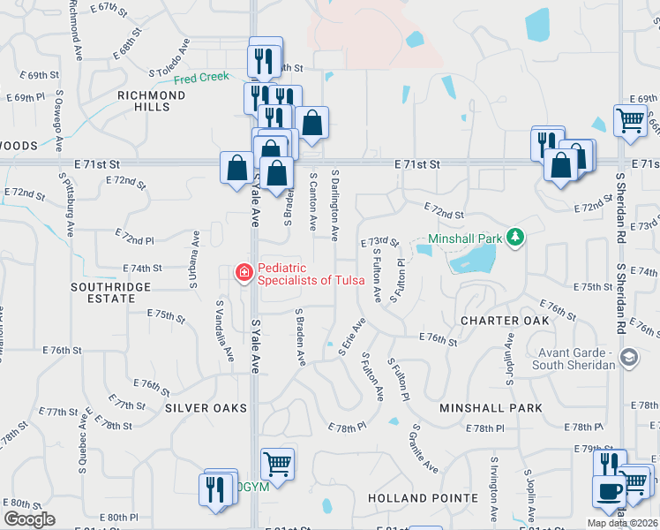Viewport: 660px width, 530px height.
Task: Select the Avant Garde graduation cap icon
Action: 628,358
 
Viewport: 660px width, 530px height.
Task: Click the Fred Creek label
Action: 201,79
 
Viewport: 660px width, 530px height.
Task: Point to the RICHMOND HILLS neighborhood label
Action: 146,100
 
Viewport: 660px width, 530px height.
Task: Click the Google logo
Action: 29,519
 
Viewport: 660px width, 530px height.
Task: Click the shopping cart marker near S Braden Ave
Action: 277,462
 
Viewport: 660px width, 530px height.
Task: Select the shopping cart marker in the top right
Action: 630,119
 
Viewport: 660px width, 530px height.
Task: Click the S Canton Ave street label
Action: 313,201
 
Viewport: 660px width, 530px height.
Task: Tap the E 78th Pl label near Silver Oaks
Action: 346,428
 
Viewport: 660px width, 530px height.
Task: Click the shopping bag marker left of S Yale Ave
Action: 236,167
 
